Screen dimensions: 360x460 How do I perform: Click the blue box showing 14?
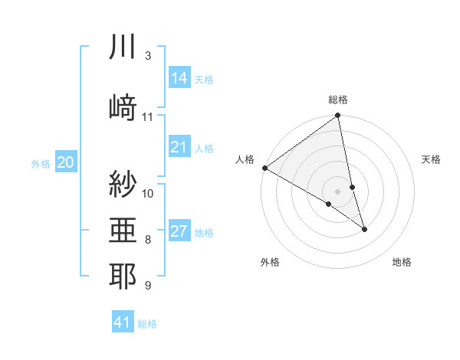click(179, 77)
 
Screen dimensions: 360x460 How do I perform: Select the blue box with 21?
click(179, 147)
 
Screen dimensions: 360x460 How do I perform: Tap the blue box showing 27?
click(179, 232)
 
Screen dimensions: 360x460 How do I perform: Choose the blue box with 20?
click(66, 162)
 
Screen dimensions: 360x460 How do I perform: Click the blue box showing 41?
click(123, 322)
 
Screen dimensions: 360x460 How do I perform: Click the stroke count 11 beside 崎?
click(148, 117)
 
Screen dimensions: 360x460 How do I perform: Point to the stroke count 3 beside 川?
click(148, 56)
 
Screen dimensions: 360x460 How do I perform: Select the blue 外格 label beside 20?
click(41, 163)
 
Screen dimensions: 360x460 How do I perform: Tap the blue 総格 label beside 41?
click(147, 324)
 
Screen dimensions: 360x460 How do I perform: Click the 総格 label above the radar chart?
click(338, 100)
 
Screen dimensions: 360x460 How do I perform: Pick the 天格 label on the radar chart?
click(432, 159)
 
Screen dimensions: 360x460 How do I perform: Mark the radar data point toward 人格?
click(264, 168)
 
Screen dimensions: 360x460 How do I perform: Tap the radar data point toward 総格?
click(338, 116)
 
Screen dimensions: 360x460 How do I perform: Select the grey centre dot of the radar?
click(338, 190)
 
